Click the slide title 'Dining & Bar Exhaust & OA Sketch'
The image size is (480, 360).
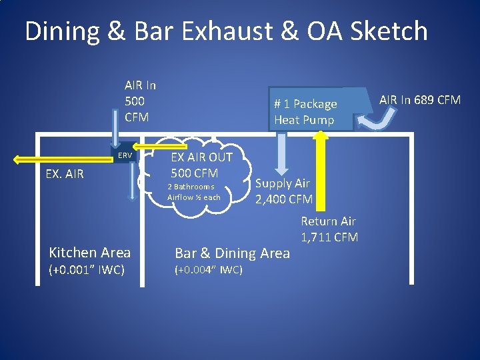[x=226, y=31]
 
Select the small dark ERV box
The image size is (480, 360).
[x=125, y=155]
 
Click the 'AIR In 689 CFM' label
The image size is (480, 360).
[x=420, y=100]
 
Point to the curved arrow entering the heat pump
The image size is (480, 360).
[x=379, y=120]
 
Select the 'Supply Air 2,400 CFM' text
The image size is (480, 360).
[x=283, y=191]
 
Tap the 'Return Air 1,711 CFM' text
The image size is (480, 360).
[x=329, y=229]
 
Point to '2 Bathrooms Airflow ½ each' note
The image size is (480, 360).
[x=193, y=192]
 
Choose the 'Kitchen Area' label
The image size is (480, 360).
[x=90, y=252]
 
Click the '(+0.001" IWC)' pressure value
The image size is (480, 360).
[x=87, y=270]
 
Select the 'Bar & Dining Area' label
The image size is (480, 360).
[x=232, y=253]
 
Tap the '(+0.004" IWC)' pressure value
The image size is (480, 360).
[x=208, y=270]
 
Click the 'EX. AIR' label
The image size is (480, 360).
[x=65, y=175]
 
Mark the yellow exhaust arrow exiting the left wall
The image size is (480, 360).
[x=63, y=159]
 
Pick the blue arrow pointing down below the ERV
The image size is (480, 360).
[x=132, y=183]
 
